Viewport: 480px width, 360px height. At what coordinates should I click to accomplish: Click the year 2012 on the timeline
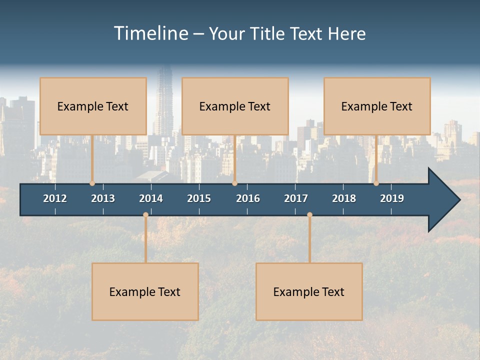click(x=55, y=198)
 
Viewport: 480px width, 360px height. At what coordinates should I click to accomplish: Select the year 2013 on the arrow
click(x=103, y=198)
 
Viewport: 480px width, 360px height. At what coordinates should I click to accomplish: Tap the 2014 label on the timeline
click(x=151, y=198)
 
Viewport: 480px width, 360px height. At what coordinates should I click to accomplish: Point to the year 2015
click(x=199, y=198)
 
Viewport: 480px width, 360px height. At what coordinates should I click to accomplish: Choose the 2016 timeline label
click(x=248, y=198)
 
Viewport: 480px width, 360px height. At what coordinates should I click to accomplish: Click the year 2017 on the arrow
click(x=296, y=198)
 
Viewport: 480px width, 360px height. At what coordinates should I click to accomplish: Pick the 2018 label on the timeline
click(x=344, y=198)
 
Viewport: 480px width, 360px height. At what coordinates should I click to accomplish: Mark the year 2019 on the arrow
click(x=392, y=198)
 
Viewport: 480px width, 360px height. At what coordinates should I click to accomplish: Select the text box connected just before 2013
click(x=93, y=106)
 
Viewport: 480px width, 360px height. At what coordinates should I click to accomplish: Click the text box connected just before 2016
click(x=235, y=106)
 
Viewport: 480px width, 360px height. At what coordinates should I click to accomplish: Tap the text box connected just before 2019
click(x=377, y=106)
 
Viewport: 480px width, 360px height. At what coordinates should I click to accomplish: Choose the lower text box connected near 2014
click(x=145, y=291)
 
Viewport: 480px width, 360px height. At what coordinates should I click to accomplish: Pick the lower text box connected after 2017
click(x=309, y=291)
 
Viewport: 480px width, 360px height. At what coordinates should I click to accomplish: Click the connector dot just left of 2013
click(x=92, y=183)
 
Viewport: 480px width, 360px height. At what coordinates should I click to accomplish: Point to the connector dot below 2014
click(x=145, y=215)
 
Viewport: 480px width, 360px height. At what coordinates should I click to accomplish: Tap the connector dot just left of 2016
click(x=235, y=183)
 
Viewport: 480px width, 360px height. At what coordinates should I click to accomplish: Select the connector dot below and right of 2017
click(x=309, y=215)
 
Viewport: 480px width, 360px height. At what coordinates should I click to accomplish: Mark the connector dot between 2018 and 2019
click(x=376, y=183)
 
